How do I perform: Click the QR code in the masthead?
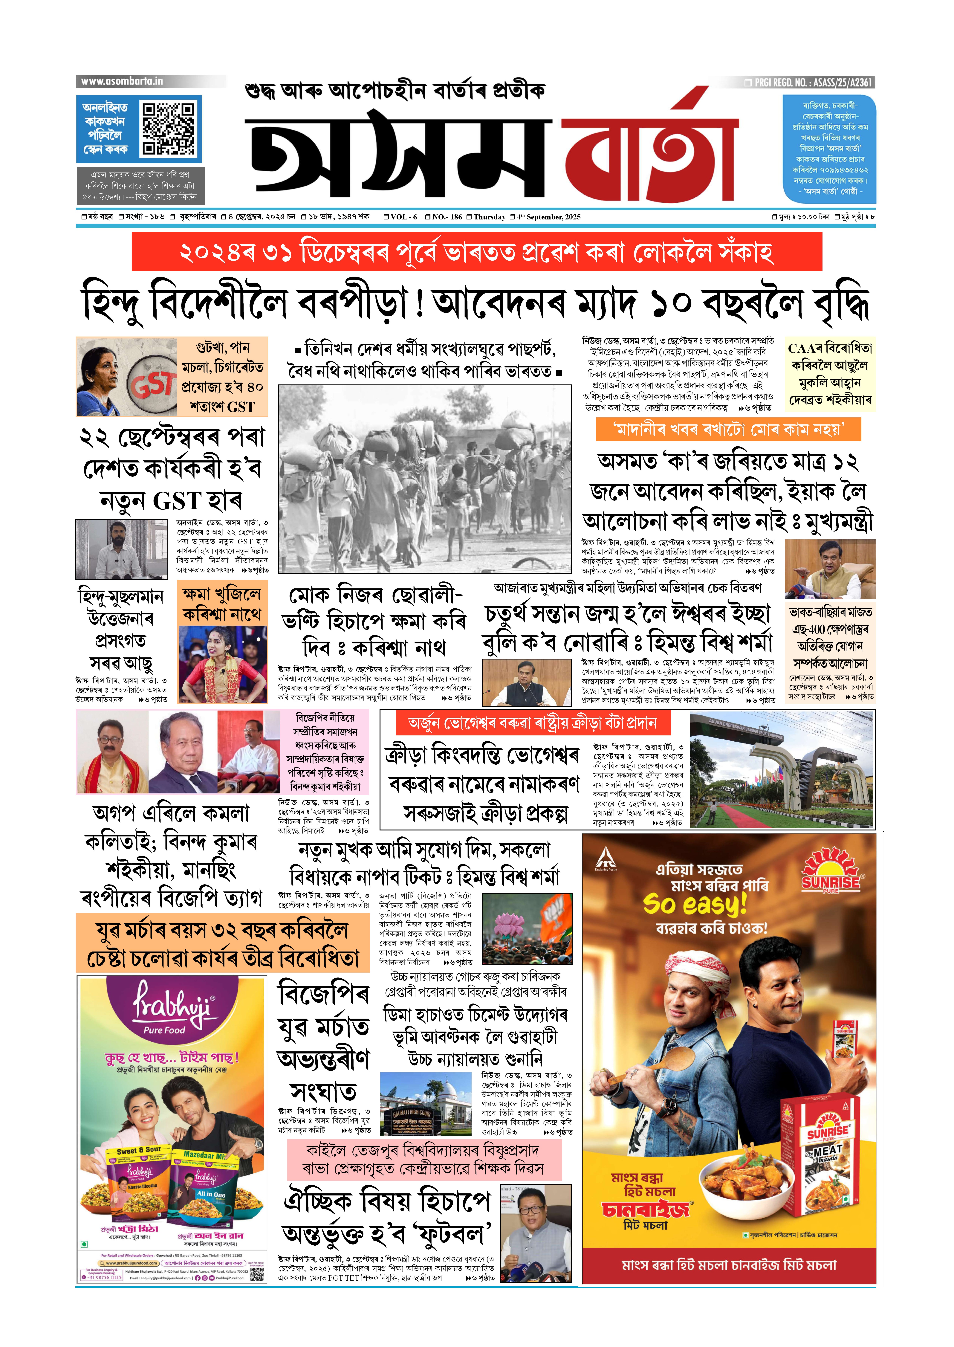click(x=169, y=129)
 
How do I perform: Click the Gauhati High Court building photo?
click(x=425, y=1104)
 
